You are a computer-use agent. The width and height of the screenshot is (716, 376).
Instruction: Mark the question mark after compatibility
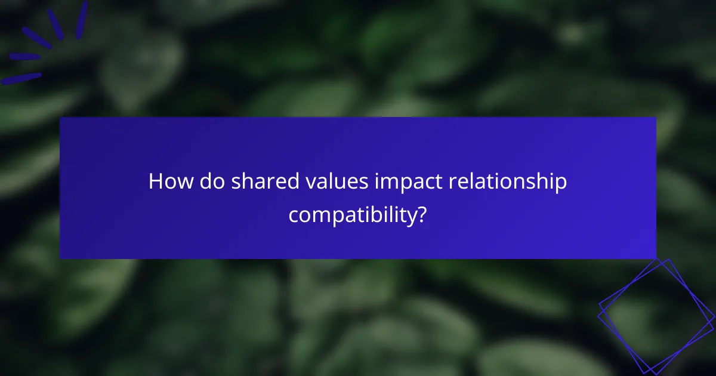coord(422,214)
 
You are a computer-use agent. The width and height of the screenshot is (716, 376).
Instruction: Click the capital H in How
coord(155,181)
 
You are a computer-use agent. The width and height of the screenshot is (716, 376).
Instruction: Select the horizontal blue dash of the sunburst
coord(24,57)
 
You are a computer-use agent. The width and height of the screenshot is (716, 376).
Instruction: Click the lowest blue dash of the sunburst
coord(21,78)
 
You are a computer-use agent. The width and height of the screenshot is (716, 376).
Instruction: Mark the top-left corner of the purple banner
coord(60,118)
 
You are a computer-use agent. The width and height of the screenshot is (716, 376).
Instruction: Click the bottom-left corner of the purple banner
coord(60,258)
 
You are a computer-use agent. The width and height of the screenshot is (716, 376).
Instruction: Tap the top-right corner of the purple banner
coord(656,118)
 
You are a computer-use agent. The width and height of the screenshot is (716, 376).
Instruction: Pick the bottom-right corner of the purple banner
coord(656,258)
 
